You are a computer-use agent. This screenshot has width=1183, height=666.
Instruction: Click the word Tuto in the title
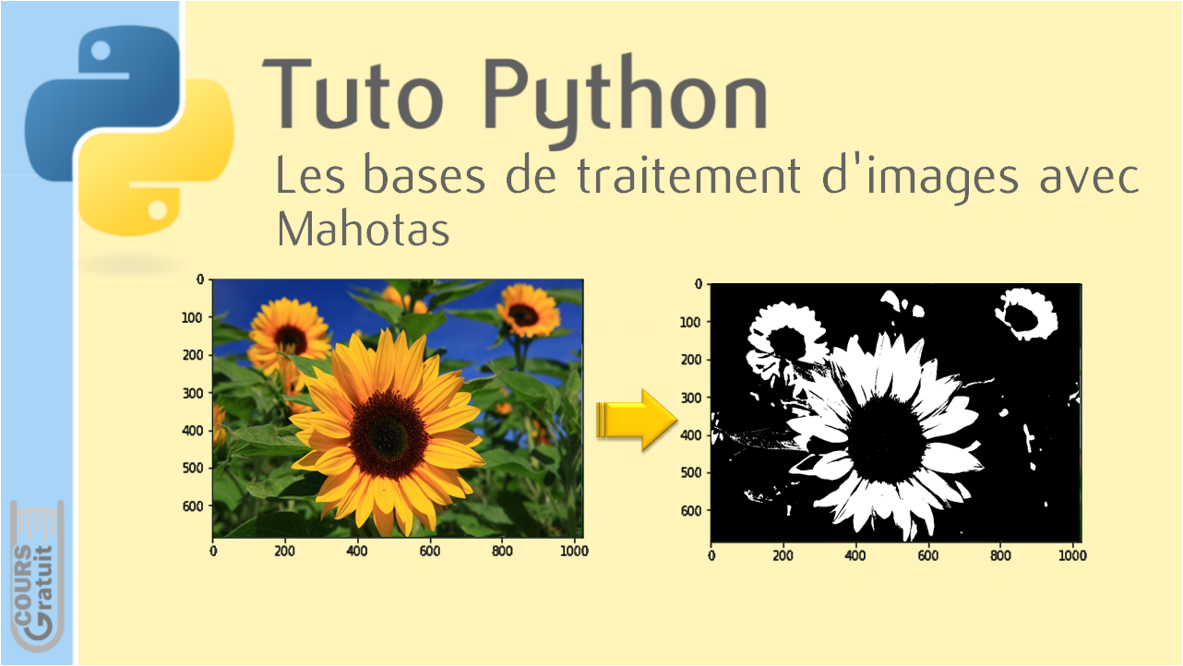pyautogui.click(x=353, y=94)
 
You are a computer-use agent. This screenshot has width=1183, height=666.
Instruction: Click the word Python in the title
pyautogui.click(x=626, y=101)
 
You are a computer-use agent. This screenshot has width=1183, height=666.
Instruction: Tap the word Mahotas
pyautogui.click(x=364, y=229)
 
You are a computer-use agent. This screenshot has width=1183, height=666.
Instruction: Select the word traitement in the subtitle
pyautogui.click(x=688, y=174)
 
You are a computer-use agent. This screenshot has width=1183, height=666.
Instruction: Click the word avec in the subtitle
pyautogui.click(x=1090, y=177)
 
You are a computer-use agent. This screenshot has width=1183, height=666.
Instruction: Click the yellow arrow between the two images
pyautogui.click(x=637, y=420)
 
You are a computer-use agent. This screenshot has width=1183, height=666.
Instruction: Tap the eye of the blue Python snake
pyautogui.click(x=101, y=51)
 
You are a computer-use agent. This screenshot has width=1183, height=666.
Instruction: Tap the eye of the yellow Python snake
pyautogui.click(x=158, y=209)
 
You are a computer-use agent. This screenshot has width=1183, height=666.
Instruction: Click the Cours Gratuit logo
pyautogui.click(x=37, y=577)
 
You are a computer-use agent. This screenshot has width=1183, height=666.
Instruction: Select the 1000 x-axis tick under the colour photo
pyautogui.click(x=574, y=551)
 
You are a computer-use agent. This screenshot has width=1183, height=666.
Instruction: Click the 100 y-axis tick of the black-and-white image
pyautogui.click(x=690, y=322)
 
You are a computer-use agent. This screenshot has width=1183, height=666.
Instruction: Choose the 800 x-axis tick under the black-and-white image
pyautogui.click(x=1000, y=555)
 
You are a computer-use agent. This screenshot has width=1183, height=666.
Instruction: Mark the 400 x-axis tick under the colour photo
pyautogui.click(x=356, y=551)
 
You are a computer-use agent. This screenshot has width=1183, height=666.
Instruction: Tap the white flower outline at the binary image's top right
pyautogui.click(x=1027, y=314)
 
